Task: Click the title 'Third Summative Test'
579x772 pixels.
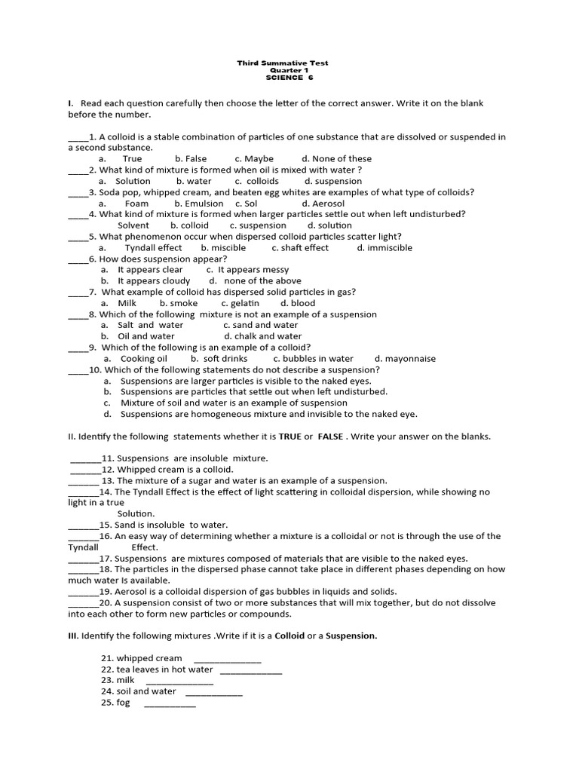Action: tap(283, 63)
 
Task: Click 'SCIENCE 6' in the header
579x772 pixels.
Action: tap(283, 78)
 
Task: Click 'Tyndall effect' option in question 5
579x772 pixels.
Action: tap(153, 248)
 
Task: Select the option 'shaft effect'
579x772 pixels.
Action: tap(306, 248)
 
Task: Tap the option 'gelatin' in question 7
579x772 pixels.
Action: tap(244, 303)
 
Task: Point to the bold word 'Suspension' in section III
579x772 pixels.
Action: tap(351, 636)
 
